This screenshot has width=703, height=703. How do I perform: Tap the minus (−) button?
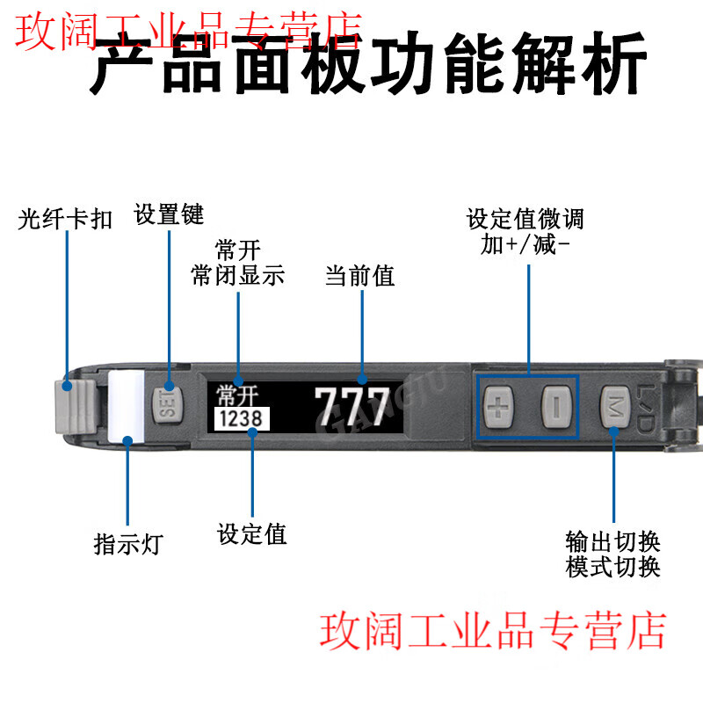555,406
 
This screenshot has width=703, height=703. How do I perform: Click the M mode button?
613,406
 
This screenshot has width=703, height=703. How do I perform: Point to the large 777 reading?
351,405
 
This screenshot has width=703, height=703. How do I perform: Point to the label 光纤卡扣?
66,219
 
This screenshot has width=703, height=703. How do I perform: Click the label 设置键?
169,214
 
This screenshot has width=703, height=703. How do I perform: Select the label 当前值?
360,276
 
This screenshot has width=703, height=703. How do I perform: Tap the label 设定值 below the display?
252,533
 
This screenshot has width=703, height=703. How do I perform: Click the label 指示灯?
128,543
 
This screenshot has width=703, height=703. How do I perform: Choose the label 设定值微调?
525,218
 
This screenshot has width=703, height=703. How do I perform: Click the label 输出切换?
612,540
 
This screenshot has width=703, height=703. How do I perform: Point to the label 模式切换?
612,567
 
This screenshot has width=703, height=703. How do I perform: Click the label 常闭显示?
238,275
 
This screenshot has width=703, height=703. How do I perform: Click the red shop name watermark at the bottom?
492,631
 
